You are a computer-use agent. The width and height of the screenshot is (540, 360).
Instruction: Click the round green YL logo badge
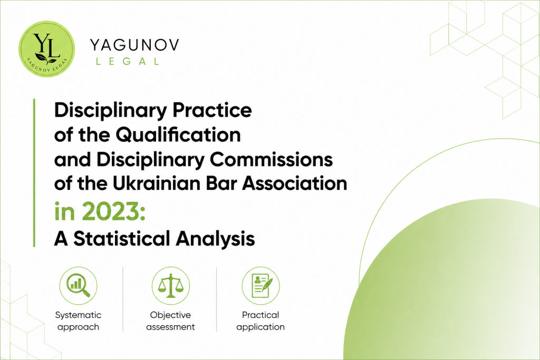click(x=46, y=48)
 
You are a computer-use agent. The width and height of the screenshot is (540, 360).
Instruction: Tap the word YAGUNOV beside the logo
click(x=134, y=45)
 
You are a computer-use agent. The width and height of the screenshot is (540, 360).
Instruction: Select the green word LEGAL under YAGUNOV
click(x=128, y=62)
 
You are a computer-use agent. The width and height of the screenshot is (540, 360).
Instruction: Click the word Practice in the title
click(x=212, y=110)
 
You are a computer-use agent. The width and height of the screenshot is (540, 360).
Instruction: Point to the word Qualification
click(x=178, y=134)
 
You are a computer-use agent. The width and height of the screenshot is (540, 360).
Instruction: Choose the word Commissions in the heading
click(x=271, y=159)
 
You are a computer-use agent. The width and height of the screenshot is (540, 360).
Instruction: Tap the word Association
click(x=295, y=183)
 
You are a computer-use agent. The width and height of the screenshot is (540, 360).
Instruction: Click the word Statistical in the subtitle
click(x=122, y=239)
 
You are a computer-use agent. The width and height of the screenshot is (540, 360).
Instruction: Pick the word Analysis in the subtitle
click(x=216, y=239)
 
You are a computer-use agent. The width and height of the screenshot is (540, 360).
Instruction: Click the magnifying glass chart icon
click(x=79, y=286)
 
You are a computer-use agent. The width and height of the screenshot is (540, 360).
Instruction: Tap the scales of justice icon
click(x=171, y=286)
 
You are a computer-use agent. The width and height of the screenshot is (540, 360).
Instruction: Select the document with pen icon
click(x=261, y=286)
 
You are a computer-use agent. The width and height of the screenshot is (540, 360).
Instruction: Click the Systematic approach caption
click(x=78, y=321)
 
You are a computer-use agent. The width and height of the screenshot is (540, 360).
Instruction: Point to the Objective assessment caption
click(x=170, y=321)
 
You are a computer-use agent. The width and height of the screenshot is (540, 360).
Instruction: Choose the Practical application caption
click(x=261, y=321)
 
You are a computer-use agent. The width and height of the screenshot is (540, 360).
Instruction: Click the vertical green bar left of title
click(x=34, y=173)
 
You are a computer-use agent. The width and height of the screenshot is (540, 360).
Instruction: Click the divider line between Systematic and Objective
click(x=123, y=299)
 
